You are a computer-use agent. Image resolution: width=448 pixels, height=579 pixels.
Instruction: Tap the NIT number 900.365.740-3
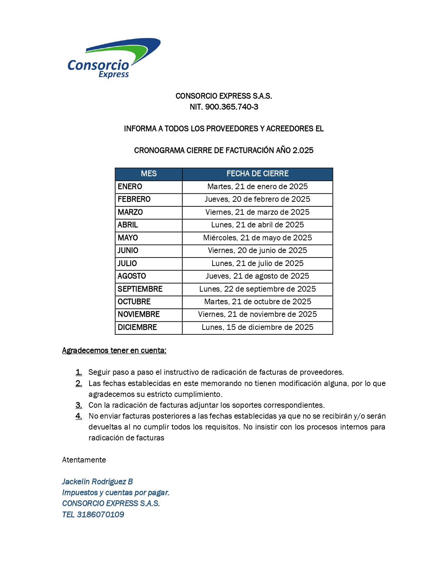pyautogui.click(x=232, y=107)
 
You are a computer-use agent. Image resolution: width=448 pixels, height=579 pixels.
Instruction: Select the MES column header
pyautogui.click(x=149, y=174)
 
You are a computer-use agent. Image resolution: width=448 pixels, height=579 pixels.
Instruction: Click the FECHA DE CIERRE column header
pyautogui.click(x=257, y=174)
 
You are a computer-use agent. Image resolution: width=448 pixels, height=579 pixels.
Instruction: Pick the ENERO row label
pyautogui.click(x=130, y=187)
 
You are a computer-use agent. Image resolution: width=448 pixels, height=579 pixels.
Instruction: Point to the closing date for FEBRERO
pyautogui.click(x=257, y=199)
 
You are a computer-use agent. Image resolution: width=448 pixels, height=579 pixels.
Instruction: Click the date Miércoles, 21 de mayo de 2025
pyautogui.click(x=257, y=238)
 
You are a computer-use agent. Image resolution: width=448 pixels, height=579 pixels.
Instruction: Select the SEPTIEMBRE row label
pyautogui.click(x=140, y=289)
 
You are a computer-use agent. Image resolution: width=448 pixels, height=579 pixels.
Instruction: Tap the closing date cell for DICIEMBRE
pyautogui.click(x=257, y=327)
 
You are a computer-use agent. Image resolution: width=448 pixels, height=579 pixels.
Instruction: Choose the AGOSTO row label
pyautogui.click(x=132, y=276)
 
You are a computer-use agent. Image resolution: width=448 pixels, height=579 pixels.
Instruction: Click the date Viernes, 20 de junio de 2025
pyautogui.click(x=257, y=251)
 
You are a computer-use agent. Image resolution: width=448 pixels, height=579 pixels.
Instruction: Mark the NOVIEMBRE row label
pyautogui.click(x=138, y=314)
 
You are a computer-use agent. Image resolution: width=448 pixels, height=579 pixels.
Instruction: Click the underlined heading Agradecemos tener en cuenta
pyautogui.click(x=114, y=351)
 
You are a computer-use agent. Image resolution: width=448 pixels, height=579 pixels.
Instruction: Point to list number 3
pyautogui.click(x=79, y=405)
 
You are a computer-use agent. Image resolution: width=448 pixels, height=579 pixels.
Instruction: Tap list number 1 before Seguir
pyautogui.click(x=79, y=372)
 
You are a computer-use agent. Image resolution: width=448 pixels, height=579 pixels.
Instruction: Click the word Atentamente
pyautogui.click(x=84, y=460)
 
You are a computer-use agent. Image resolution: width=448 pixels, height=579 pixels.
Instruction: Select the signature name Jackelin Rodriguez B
pyautogui.click(x=97, y=482)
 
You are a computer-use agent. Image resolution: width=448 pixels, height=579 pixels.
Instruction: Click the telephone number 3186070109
pyautogui.click(x=100, y=515)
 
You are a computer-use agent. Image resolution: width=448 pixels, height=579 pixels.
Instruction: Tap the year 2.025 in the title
pyautogui.click(x=303, y=151)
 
